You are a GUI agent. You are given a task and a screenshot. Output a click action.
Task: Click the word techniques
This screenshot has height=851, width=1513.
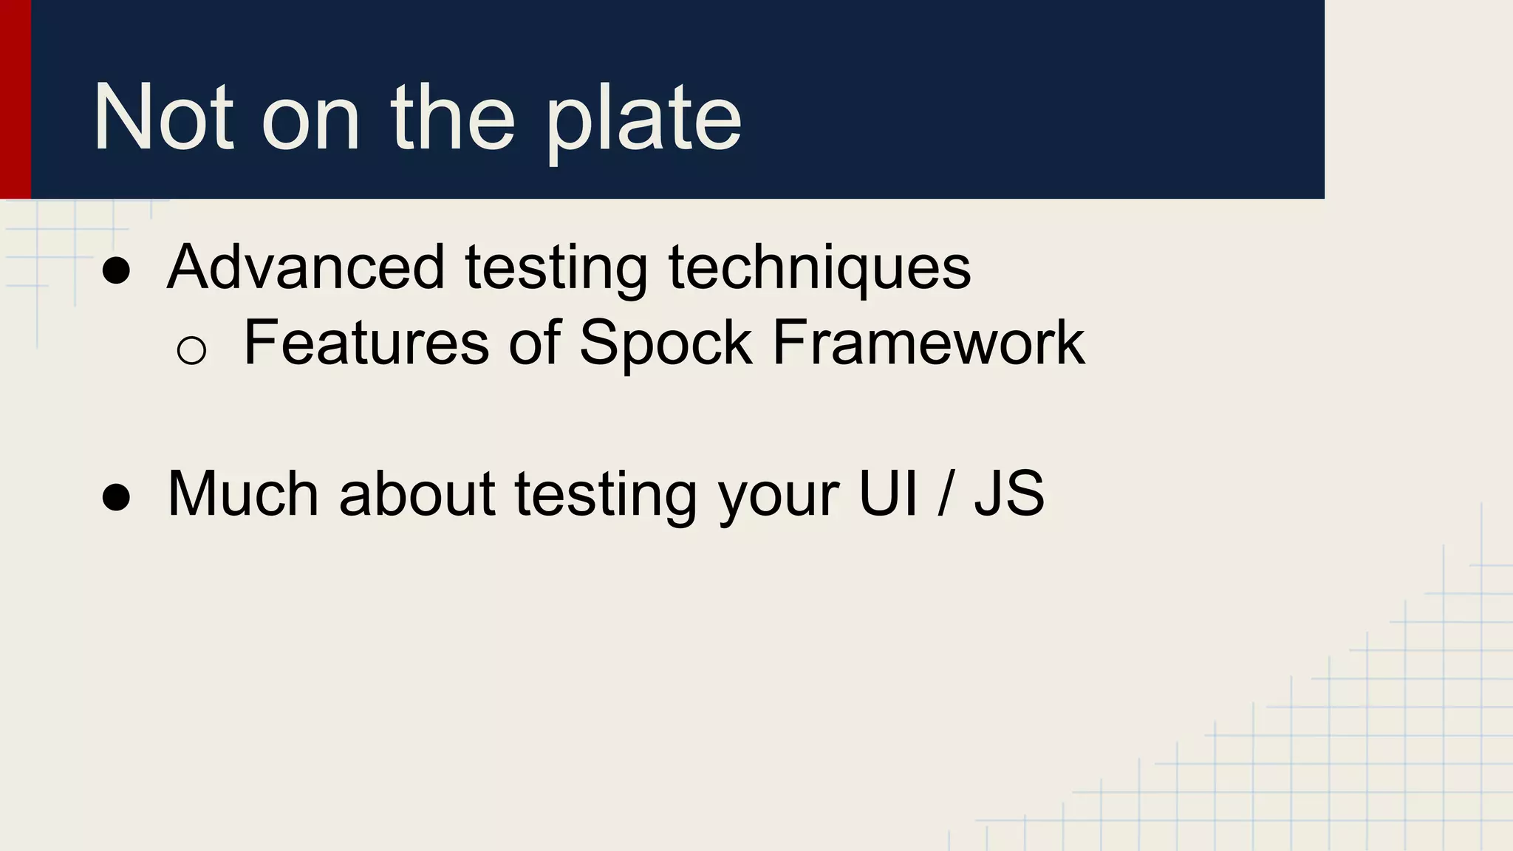(x=819, y=267)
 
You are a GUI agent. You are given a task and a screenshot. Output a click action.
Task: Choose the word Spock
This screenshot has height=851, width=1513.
(x=665, y=344)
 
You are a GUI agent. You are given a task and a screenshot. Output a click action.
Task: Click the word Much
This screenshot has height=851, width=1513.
(x=243, y=493)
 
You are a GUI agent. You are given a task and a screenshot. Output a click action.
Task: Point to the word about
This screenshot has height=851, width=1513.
(x=417, y=493)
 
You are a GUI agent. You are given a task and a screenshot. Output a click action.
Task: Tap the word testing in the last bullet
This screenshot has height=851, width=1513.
(x=606, y=495)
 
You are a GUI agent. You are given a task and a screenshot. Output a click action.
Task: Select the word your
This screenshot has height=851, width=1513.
(x=778, y=496)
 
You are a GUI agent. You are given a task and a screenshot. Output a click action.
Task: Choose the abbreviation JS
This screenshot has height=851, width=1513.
(x=1009, y=493)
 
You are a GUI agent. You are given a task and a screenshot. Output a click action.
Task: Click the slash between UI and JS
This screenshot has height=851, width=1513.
(x=945, y=493)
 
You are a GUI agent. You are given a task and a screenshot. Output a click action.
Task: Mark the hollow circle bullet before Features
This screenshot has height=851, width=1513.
(x=191, y=349)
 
